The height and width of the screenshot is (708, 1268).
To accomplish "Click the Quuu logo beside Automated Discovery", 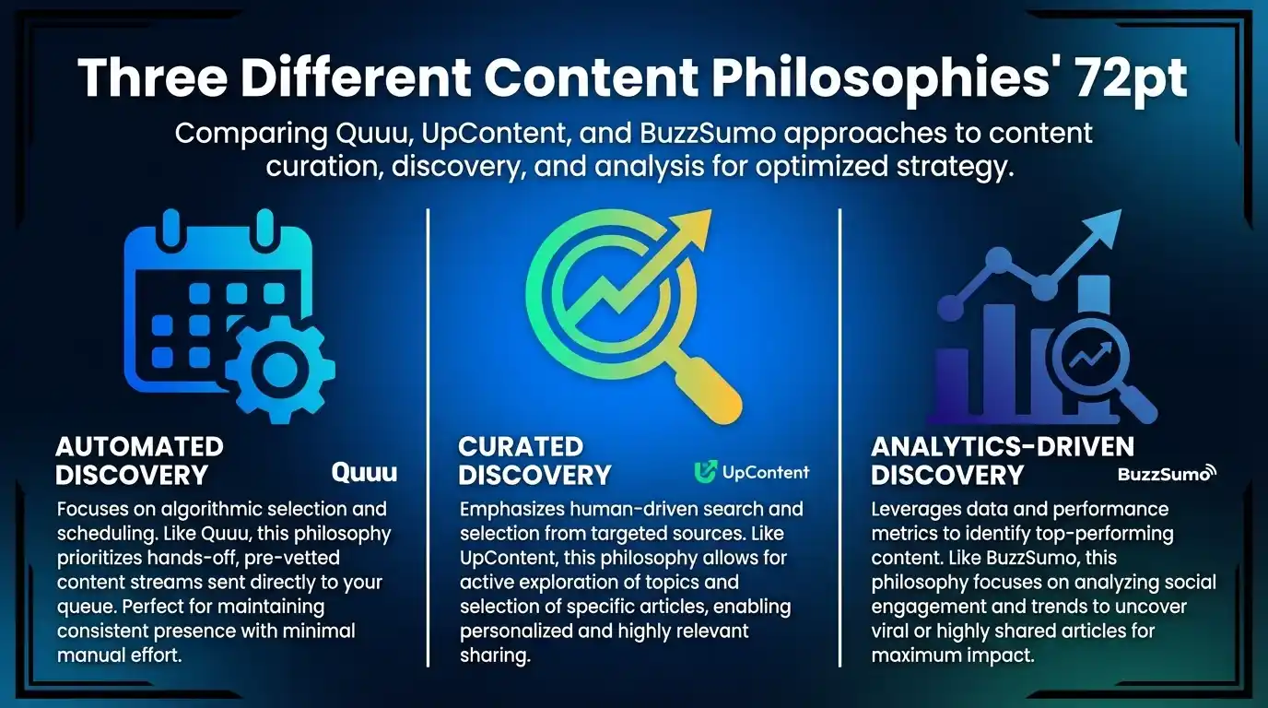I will click(x=364, y=473).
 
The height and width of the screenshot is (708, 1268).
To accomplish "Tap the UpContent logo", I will click(x=751, y=473).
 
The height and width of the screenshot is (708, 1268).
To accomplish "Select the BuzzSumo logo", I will click(x=1167, y=474).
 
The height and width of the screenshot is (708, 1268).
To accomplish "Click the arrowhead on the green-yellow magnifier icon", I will click(x=692, y=227).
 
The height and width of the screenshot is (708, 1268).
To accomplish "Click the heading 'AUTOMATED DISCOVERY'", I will click(x=139, y=461).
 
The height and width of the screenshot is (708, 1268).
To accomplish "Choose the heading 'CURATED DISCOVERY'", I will click(x=534, y=461).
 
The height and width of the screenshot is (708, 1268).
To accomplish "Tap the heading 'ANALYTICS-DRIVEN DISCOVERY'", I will click(x=1002, y=461).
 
